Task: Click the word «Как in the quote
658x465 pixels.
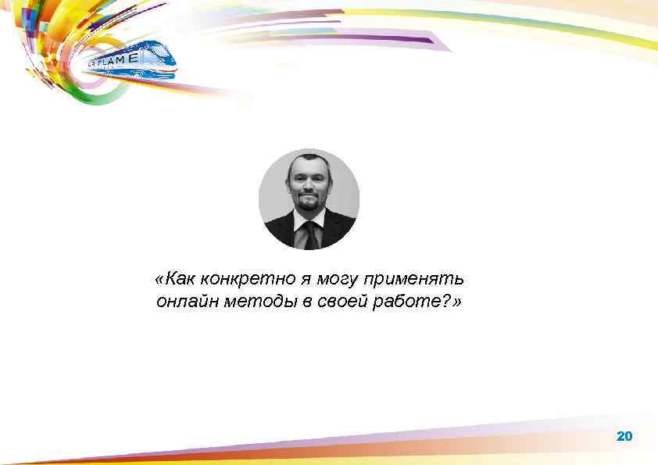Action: (x=174, y=279)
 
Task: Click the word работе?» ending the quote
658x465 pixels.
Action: (x=419, y=302)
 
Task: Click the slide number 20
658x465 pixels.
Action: (x=624, y=436)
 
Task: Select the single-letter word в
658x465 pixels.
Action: (x=306, y=302)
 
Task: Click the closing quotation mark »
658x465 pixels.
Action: (x=457, y=302)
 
